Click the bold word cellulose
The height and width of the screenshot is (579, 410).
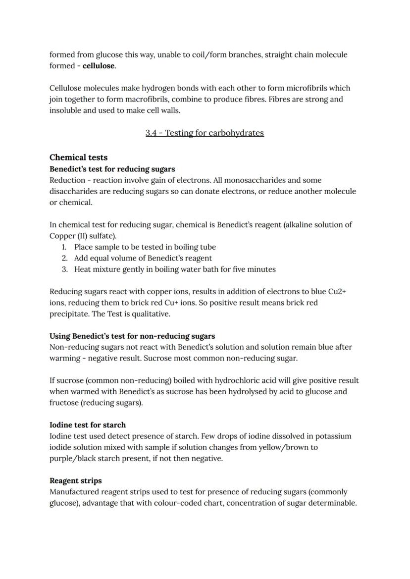(x=99, y=66)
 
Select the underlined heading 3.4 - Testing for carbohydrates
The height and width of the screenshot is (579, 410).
(x=205, y=133)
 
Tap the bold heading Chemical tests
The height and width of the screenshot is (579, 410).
(x=78, y=158)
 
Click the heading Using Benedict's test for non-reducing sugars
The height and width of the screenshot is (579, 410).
(x=132, y=336)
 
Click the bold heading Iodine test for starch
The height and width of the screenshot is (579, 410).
(x=88, y=425)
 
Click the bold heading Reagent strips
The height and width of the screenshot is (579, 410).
(x=76, y=481)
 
